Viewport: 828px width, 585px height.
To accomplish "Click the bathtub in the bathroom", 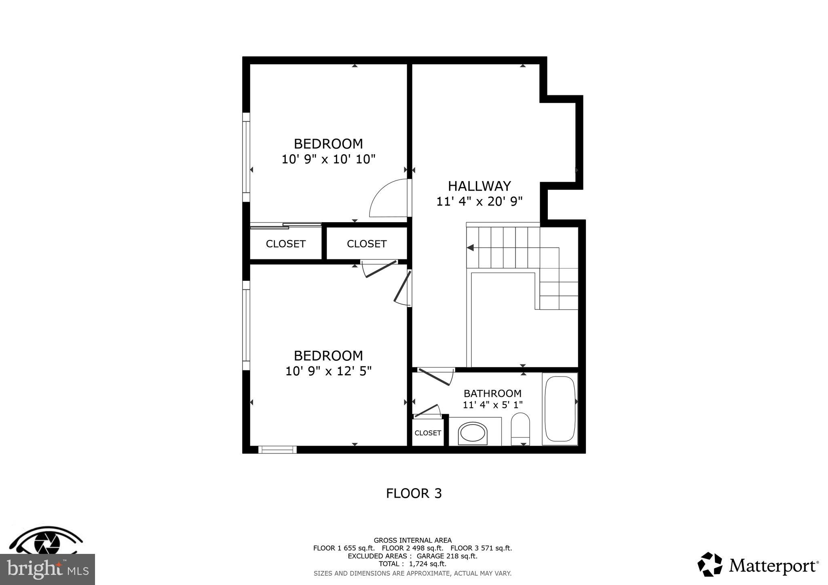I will pos(560,409).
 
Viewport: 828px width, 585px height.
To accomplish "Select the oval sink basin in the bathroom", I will pos(472,434).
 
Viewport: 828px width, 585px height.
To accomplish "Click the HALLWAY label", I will pos(479,186).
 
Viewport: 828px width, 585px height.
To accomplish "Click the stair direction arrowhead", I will pos(470,247).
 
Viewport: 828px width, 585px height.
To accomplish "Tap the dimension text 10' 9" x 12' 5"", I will pos(328,371).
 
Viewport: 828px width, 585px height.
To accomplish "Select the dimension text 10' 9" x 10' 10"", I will pos(328,159).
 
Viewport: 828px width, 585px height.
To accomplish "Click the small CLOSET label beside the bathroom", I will pos(428,433).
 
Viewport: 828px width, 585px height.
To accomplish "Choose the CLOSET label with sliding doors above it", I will pos(285,244).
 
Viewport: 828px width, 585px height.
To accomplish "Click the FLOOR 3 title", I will pos(414,493).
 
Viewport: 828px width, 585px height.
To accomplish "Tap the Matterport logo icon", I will pos(710,564).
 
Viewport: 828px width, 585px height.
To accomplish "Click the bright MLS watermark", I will pos(47,569).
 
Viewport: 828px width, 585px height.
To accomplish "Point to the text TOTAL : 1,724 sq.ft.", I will pos(412,564).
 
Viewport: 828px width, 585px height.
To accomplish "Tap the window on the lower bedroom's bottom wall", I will pos(277,450).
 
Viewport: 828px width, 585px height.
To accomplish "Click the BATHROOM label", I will pos(492,393).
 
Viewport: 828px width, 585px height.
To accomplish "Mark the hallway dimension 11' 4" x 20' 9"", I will pos(479,201).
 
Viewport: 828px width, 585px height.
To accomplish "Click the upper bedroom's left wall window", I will pos(246,157).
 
